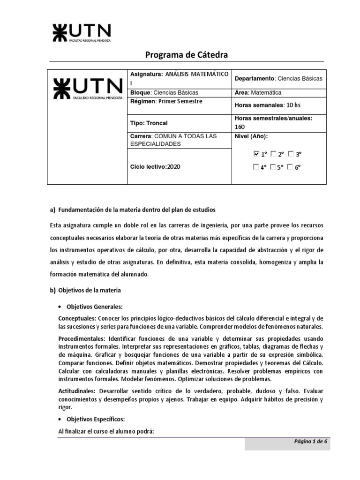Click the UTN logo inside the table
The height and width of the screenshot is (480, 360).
click(x=88, y=89)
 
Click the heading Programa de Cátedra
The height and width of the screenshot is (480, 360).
click(x=186, y=55)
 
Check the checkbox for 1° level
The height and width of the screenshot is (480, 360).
click(x=256, y=154)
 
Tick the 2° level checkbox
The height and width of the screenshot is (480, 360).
click(x=273, y=154)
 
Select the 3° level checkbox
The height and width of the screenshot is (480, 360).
click(x=291, y=154)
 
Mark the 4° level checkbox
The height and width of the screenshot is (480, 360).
click(x=256, y=166)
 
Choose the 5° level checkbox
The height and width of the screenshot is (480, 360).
click(x=273, y=166)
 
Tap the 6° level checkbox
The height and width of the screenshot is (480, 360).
click(x=291, y=166)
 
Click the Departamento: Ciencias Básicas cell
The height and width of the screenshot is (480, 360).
click(x=278, y=79)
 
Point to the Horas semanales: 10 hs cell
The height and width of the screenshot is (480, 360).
click(x=267, y=105)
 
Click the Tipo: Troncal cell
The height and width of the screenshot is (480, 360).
click(x=149, y=123)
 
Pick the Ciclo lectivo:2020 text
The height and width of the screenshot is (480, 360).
click(x=155, y=166)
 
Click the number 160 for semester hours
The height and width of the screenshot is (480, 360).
click(x=240, y=127)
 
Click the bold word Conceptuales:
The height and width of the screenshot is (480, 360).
click(x=77, y=318)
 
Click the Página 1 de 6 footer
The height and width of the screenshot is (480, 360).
click(x=310, y=441)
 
